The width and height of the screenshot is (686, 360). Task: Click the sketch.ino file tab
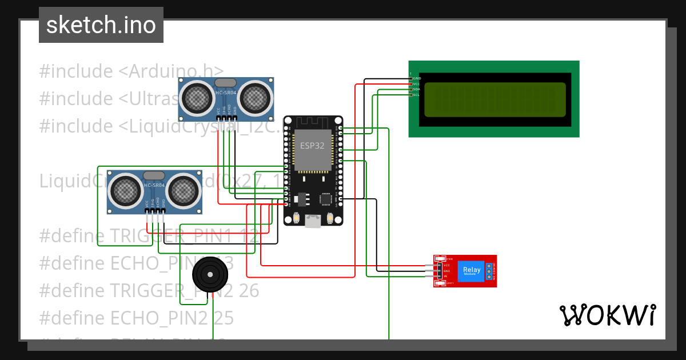tap(101, 25)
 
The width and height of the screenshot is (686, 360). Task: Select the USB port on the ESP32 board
tap(313, 221)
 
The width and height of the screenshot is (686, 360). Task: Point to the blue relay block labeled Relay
tap(472, 271)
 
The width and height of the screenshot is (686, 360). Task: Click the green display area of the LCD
tap(495, 98)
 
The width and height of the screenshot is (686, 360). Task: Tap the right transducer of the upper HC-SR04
tap(254, 98)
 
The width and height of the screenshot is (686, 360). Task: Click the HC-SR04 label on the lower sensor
tap(154, 186)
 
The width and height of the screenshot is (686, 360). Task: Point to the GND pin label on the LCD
tap(417, 78)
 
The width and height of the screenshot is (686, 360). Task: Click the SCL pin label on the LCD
tap(416, 94)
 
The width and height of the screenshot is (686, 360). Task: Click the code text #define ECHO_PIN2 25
tap(137, 318)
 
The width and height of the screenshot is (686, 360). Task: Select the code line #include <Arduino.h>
tap(132, 71)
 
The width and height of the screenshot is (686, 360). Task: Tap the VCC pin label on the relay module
tap(446, 265)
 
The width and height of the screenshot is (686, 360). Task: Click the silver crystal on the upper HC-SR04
tap(226, 83)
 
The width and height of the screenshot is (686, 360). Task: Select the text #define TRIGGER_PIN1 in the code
tap(137, 235)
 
